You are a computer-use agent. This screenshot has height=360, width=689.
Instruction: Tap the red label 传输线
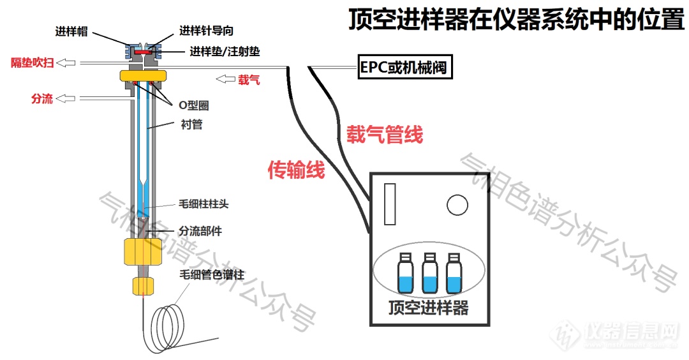coord(296,170)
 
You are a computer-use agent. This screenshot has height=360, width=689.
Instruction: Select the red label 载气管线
coord(384,135)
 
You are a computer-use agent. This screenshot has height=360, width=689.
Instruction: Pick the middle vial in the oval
coord(429,273)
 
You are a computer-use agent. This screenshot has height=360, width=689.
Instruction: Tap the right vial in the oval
coord(454,273)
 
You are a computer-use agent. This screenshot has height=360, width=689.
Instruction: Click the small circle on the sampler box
coord(457,205)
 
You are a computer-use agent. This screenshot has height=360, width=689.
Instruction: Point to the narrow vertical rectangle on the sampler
coord(390,204)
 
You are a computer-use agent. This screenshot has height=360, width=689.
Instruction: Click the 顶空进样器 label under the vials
coord(429,308)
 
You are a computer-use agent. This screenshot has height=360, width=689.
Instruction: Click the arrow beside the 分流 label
coord(67,98)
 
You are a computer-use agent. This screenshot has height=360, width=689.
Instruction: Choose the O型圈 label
coord(193,105)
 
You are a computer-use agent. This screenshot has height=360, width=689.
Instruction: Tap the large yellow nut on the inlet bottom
coord(141,251)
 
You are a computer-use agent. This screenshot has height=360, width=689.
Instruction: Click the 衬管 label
coord(191,124)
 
